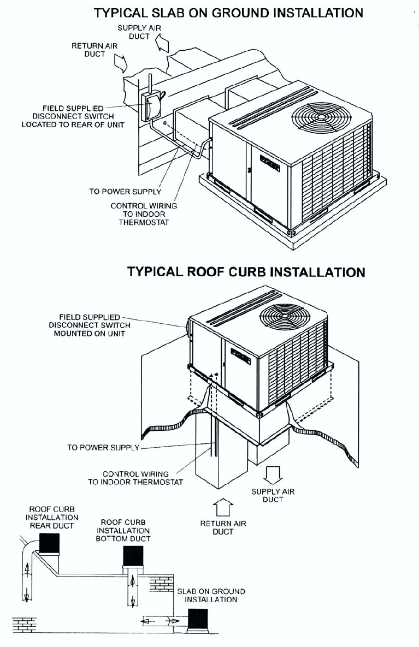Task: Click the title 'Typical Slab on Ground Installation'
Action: [x=228, y=12]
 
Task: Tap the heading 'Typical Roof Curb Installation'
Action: [x=246, y=271]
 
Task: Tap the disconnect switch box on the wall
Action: [x=151, y=105]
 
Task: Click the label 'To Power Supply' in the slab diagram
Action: [x=125, y=192]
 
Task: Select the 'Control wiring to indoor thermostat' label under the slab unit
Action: [x=144, y=214]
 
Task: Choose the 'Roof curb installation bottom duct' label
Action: [x=123, y=530]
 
